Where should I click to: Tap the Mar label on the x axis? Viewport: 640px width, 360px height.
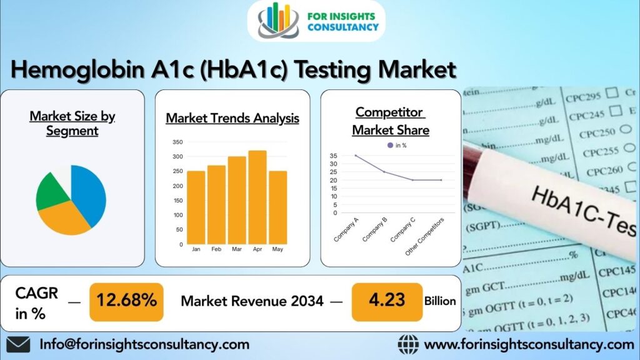point(237,249)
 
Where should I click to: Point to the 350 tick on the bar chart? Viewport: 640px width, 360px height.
point(178,142)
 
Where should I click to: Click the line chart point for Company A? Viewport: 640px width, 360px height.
point(356,156)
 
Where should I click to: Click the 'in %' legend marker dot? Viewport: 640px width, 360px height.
point(391,145)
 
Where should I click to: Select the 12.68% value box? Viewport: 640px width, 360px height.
point(127,301)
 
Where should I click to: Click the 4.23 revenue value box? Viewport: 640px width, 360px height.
point(386,301)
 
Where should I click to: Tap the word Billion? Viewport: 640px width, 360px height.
point(440,301)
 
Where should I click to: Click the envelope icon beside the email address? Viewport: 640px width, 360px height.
point(18,344)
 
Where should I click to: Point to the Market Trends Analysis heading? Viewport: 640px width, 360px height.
point(232,118)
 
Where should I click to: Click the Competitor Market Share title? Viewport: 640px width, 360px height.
point(391,121)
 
